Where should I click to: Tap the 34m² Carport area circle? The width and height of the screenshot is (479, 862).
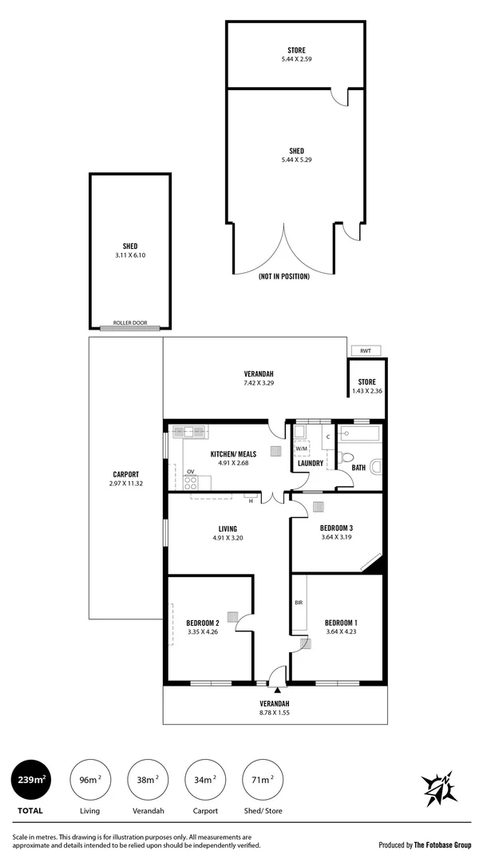[205, 779]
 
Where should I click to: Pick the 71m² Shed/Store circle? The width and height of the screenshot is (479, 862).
[263, 779]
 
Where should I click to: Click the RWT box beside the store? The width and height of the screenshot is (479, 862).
[365, 350]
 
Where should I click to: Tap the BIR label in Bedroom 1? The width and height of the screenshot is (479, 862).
[298, 603]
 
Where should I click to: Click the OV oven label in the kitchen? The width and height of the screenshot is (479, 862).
[191, 472]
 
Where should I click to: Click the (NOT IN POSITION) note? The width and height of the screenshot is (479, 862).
[283, 276]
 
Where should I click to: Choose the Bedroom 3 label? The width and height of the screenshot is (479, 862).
[336, 528]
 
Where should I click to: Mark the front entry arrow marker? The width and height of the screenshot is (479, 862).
[277, 687]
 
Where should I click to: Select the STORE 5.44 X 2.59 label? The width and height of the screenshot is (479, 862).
[296, 55]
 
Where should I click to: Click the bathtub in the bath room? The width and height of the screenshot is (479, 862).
[361, 435]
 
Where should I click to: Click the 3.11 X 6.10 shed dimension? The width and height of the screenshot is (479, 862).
[130, 255]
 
